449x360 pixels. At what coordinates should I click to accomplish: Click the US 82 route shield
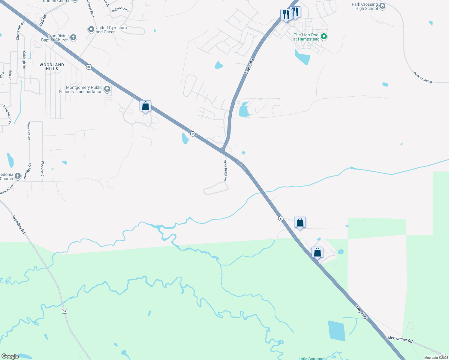coord(88,67)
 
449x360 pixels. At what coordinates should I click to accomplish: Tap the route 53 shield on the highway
coord(193,134)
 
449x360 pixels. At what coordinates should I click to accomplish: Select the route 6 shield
coord(281,219)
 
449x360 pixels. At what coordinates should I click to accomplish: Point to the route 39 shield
coord(64,311)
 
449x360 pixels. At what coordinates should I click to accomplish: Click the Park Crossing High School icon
coord(382,6)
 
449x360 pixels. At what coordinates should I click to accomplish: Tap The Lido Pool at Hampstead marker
coord(324,37)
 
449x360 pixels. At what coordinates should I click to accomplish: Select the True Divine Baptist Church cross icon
coord(73,38)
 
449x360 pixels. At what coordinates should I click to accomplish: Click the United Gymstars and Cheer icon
coord(91,30)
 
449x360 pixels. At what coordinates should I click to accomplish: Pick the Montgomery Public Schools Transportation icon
coord(107,89)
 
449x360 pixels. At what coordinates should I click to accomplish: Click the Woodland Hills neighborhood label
coord(52,67)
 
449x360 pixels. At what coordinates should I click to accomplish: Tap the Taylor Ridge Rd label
coord(226,169)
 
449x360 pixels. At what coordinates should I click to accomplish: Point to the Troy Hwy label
coord(361,312)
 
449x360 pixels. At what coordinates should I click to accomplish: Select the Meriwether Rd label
coord(400,339)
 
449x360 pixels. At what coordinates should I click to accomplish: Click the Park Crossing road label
coord(423,77)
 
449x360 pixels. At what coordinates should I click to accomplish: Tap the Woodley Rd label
coord(19,224)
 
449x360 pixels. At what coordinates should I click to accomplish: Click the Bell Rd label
coord(43,20)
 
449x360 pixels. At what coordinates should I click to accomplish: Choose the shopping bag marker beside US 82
coord(145,106)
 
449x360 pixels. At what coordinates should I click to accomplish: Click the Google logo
coord(10,356)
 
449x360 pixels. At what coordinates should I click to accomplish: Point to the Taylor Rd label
coord(249,67)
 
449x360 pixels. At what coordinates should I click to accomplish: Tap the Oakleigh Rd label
coord(24,60)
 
